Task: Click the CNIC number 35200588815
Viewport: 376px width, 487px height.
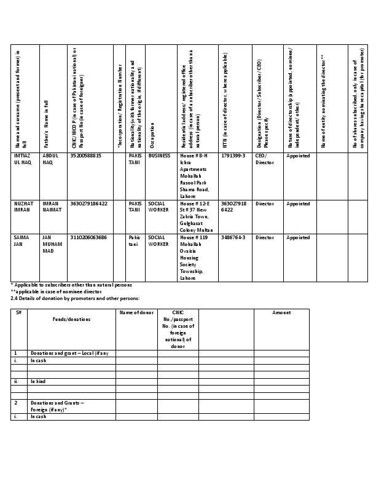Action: point(86,156)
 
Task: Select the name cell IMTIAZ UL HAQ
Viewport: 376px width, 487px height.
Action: point(22,159)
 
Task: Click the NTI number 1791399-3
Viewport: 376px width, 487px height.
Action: point(233,156)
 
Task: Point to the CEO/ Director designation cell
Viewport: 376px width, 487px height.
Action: point(265,159)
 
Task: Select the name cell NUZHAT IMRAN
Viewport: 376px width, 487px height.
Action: point(22,207)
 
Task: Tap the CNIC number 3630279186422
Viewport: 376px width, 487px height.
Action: point(89,204)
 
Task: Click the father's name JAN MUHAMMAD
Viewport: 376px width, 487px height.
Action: point(52,244)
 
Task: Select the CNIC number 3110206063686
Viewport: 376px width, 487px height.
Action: point(89,237)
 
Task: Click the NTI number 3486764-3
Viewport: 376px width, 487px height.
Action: point(233,237)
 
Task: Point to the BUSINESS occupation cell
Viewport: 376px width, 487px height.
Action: point(159,156)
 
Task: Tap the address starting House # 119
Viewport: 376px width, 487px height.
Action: point(194,258)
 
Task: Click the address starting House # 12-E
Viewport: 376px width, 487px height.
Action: point(194,216)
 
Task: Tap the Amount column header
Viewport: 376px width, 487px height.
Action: point(281,313)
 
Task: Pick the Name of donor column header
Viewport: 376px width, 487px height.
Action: point(136,313)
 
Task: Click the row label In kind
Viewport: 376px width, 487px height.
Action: point(39,381)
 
